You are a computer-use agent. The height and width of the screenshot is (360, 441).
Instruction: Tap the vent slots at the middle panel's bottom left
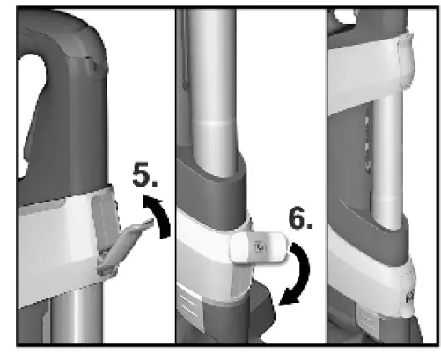click(x=190, y=304)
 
